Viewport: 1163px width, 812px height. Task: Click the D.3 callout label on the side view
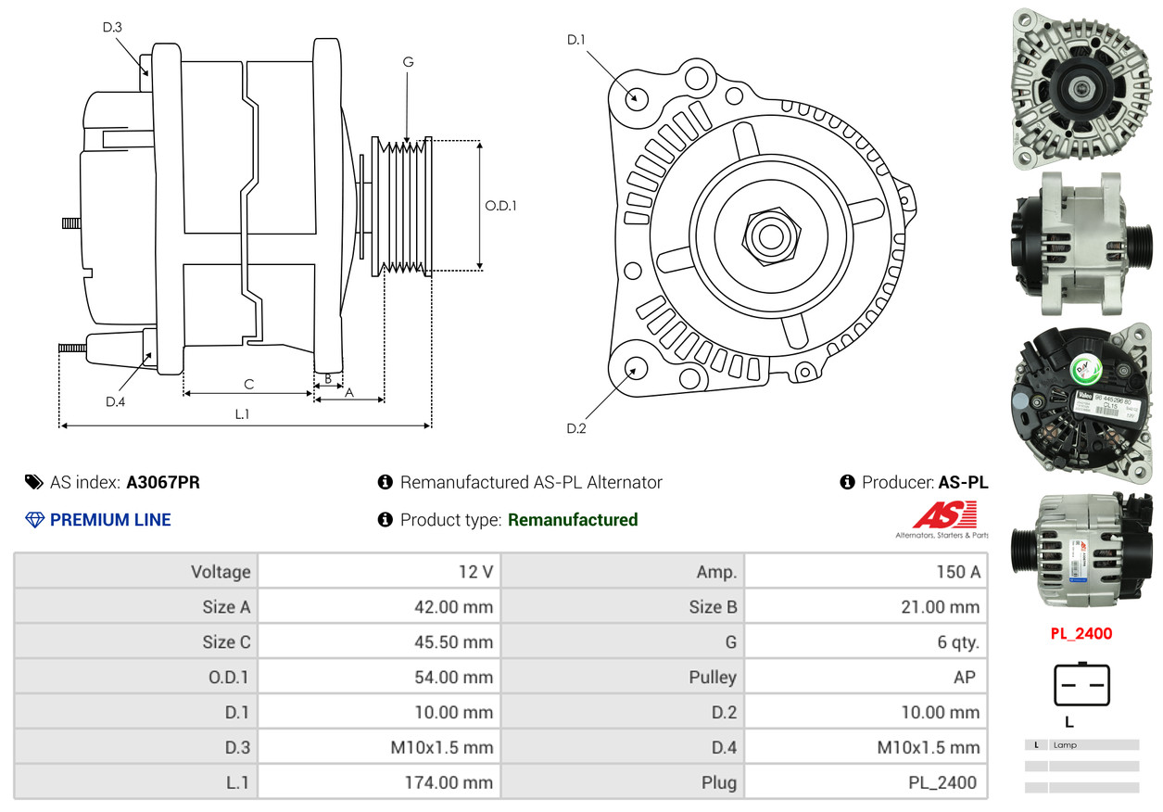click(x=112, y=27)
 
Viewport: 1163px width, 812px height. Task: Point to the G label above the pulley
click(x=408, y=62)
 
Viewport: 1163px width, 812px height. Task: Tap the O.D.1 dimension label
click(x=500, y=206)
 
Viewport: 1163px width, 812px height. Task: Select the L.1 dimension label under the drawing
click(x=242, y=414)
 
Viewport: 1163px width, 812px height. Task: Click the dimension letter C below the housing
click(x=248, y=384)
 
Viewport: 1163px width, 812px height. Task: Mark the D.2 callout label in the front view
click(x=576, y=428)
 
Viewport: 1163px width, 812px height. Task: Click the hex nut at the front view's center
click(x=768, y=235)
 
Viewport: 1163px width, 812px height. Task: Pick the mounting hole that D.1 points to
click(x=636, y=97)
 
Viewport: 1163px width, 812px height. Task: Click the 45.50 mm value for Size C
click(x=453, y=641)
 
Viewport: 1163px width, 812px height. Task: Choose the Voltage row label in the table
click(x=221, y=571)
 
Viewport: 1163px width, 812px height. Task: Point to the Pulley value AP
click(x=964, y=677)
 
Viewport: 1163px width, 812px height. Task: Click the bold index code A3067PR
click(x=163, y=482)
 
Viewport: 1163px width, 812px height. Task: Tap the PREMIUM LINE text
click(x=110, y=520)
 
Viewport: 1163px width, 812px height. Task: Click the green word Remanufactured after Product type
click(x=573, y=520)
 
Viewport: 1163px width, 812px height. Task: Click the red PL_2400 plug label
click(x=1081, y=634)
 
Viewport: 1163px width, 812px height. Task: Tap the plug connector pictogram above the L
click(x=1081, y=685)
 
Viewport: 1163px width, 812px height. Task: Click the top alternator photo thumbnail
click(x=1080, y=88)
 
